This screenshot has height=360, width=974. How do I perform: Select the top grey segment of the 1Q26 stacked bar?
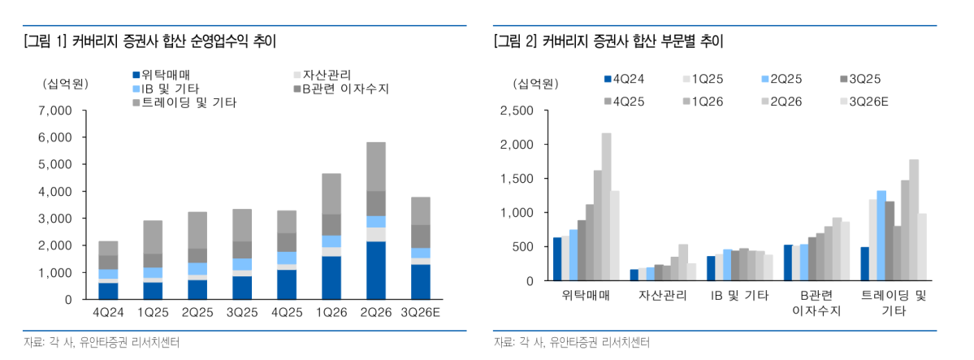tap(331, 194)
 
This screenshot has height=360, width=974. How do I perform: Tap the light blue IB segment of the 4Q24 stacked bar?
tap(108, 274)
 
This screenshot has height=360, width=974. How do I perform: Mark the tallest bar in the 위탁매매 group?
tap(606, 207)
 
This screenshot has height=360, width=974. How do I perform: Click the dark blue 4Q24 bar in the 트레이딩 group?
tap(864, 263)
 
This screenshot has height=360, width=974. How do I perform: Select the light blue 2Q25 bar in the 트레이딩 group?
tap(881, 236)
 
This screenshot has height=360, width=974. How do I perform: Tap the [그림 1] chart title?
tap(149, 41)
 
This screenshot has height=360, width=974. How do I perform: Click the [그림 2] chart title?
tap(608, 41)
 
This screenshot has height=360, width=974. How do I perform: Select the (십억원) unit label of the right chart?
tap(535, 83)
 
